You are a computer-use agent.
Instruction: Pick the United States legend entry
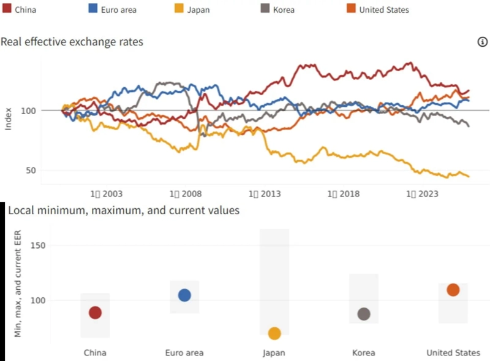pyautogui.click(x=376, y=9)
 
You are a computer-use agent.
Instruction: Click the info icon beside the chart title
pyautogui.click(x=481, y=42)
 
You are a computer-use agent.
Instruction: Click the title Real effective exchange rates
pyautogui.click(x=72, y=42)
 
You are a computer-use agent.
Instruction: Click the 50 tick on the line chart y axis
pyautogui.click(x=32, y=170)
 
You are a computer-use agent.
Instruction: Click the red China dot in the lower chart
pyautogui.click(x=95, y=312)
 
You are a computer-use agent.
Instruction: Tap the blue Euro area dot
pyautogui.click(x=184, y=295)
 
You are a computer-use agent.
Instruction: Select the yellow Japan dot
pyautogui.click(x=274, y=333)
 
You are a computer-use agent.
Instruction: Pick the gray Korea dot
pyautogui.click(x=364, y=314)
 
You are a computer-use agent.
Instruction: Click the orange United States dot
pyautogui.click(x=453, y=290)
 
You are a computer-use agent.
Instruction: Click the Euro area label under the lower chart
pyautogui.click(x=184, y=353)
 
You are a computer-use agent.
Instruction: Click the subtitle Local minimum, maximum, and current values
pyautogui.click(x=123, y=211)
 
